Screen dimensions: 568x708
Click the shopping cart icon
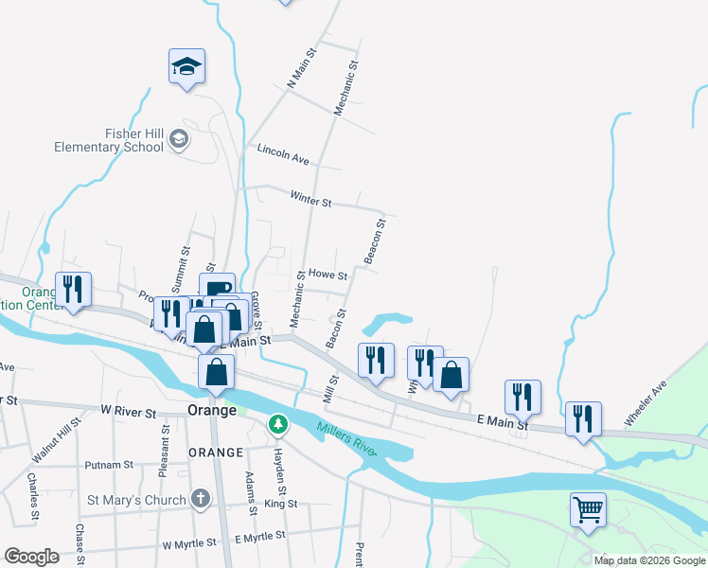(x=588, y=510)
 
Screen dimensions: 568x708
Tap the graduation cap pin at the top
(x=186, y=66)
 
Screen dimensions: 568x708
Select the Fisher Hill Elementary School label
(x=109, y=141)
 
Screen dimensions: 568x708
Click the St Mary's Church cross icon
(x=200, y=497)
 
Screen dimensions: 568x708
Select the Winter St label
(x=310, y=202)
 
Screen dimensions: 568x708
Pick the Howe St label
(x=327, y=276)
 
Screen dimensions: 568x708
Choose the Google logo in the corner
(x=31, y=557)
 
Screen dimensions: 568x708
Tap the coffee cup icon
(x=218, y=287)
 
